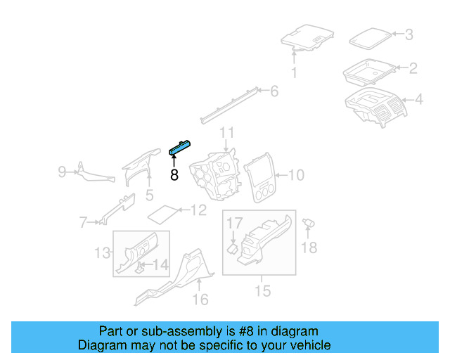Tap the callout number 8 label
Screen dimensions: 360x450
174,175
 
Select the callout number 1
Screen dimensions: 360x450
294,73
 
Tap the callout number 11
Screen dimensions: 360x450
226,132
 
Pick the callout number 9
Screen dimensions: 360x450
62,171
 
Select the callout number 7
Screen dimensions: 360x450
83,223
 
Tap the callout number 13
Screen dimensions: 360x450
103,252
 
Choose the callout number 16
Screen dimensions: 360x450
200,300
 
